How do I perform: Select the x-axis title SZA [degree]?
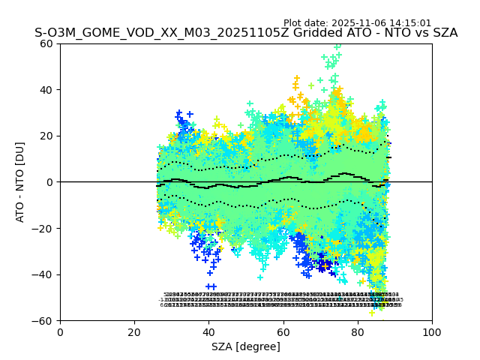[x=246, y=346]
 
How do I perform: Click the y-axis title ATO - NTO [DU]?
[x=20, y=181]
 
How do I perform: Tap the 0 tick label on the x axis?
[x=60, y=332]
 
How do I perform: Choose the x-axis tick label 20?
[x=134, y=332]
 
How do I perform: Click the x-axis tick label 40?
[x=208, y=332]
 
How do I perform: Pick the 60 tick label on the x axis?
[x=283, y=332]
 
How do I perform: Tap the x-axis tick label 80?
[x=357, y=332]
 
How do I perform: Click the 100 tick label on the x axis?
[x=432, y=332]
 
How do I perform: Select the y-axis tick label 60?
[x=46, y=43]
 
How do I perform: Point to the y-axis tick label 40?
[x=46, y=90]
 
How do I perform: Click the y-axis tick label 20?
[x=46, y=136]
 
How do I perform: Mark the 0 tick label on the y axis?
[x=50, y=182]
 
